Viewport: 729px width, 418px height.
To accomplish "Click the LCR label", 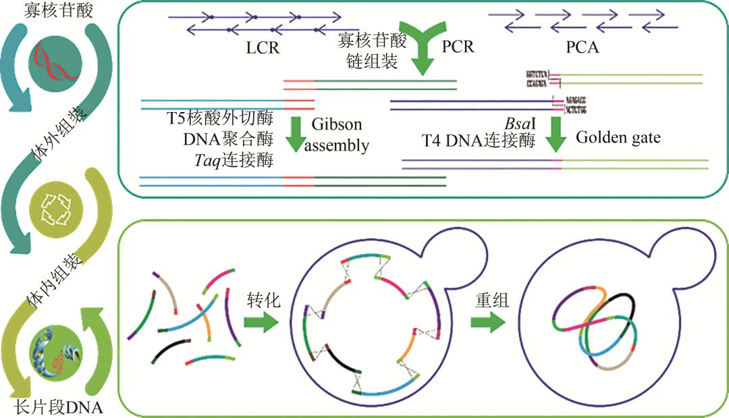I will coord(263,48).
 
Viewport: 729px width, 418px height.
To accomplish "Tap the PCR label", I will coord(458,47).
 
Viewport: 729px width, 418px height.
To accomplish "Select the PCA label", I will coord(583,48).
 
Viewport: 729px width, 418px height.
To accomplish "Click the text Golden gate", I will coord(618,137).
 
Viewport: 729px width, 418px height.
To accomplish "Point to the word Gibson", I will coord(336,124).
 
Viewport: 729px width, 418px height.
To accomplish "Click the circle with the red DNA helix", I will coord(55,61).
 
